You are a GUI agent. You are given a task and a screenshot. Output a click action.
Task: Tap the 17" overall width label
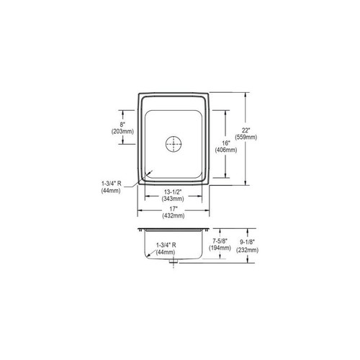[174, 208]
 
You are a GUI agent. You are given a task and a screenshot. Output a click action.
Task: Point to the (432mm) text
[174, 215]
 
